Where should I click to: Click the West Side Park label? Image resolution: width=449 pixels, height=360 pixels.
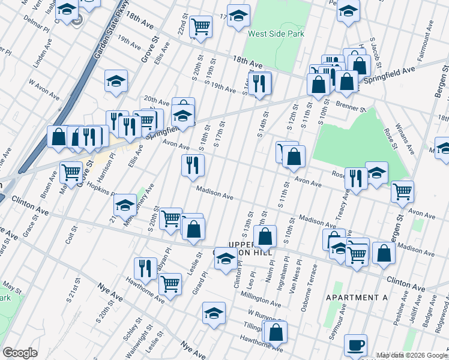pyautogui.click(x=276, y=34)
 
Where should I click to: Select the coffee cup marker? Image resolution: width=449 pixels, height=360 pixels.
pyautogui.click(x=355, y=346)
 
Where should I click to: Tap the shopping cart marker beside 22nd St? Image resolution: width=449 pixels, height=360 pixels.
pyautogui.click(x=200, y=25)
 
